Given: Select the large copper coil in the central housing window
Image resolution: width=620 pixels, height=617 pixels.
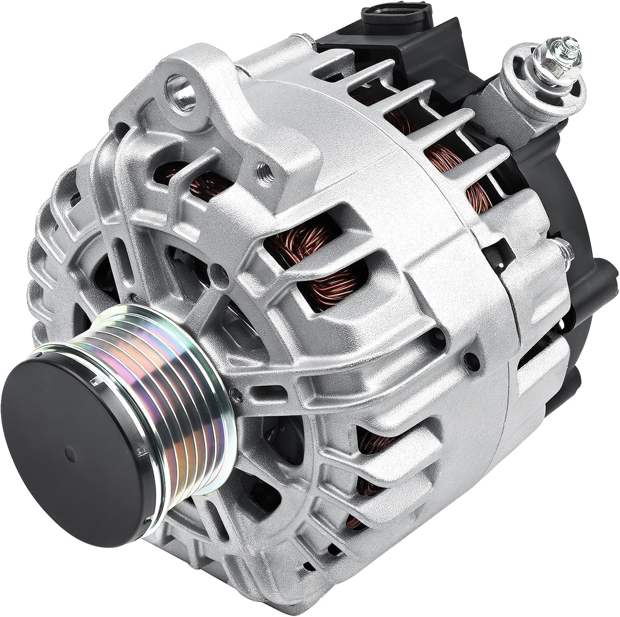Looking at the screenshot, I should click(x=327, y=269).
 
